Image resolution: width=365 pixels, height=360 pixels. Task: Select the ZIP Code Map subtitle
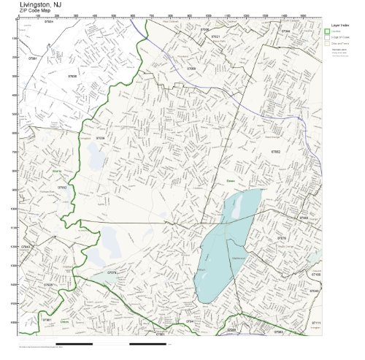(x=36, y=12)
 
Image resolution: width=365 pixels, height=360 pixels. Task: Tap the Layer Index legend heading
(x=337, y=25)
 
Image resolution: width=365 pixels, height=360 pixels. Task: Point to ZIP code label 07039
(x=100, y=137)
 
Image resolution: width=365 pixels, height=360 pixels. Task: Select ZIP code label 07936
(x=72, y=76)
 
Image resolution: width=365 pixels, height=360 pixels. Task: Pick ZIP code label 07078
(x=112, y=273)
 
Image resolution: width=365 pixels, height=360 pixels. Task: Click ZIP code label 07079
(x=282, y=238)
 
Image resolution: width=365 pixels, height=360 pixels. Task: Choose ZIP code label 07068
(x=191, y=69)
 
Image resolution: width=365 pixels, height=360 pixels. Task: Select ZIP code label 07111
(x=315, y=322)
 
